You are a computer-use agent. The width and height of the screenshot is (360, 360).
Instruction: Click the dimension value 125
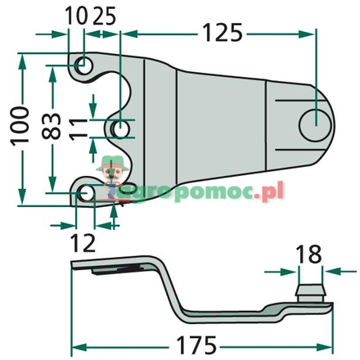pyautogui.click(x=221, y=33)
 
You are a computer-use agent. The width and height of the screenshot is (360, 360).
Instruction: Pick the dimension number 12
pyautogui.click(x=85, y=241)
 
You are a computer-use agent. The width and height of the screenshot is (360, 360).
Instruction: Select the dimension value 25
pyautogui.click(x=104, y=15)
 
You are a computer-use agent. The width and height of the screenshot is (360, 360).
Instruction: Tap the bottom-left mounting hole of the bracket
pyautogui.click(x=86, y=194)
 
